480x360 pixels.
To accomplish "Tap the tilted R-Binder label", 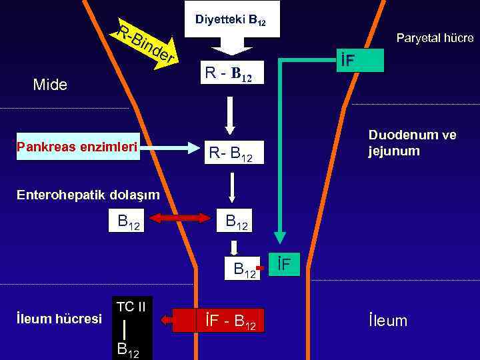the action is [x=145, y=44].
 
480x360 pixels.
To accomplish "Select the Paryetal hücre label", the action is [x=435, y=38].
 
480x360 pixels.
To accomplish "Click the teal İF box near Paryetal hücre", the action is [x=359, y=61].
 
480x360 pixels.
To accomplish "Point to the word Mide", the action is [x=50, y=85].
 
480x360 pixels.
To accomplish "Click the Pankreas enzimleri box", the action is [x=77, y=147].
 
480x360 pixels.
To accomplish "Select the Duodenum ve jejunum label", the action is [x=412, y=143].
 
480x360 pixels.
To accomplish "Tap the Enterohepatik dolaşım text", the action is [x=79, y=194].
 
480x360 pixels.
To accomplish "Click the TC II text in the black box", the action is [x=131, y=307].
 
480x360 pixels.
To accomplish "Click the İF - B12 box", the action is [x=230, y=321].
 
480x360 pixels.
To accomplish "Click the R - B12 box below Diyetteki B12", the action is [x=229, y=73].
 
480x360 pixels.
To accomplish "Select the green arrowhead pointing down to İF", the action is [x=281, y=237].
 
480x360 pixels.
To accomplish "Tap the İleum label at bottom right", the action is [x=387, y=321].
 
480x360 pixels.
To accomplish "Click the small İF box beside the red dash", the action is [x=285, y=264].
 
